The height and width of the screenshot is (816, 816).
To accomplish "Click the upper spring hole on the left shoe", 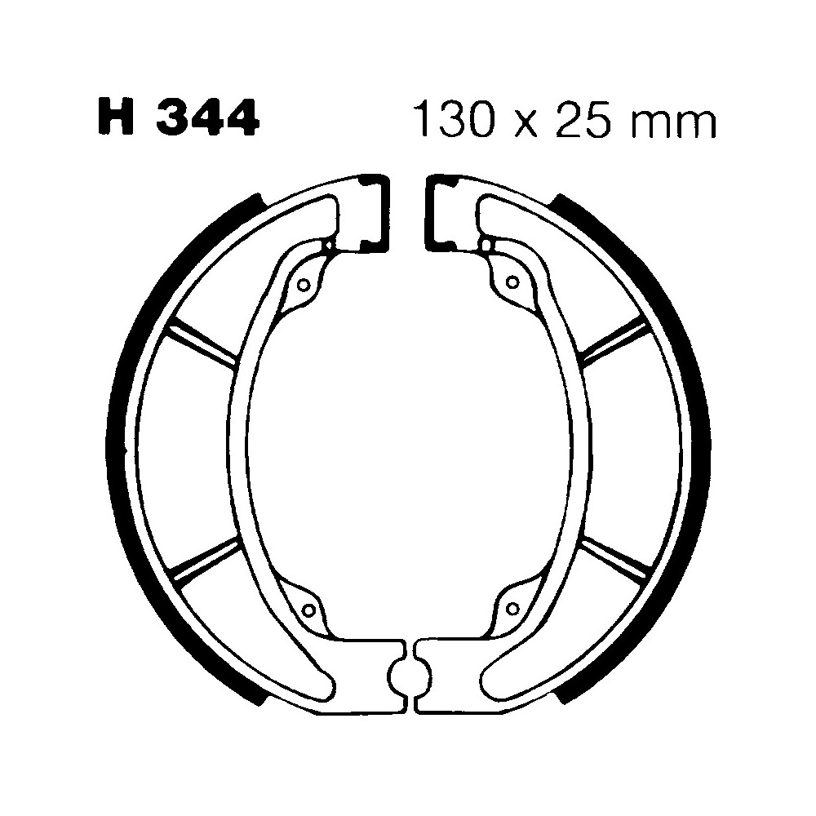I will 304,285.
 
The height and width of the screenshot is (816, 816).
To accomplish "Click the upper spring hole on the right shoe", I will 512,282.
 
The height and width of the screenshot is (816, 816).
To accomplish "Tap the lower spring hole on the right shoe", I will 512,607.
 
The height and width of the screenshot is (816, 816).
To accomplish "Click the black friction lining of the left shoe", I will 122,441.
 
